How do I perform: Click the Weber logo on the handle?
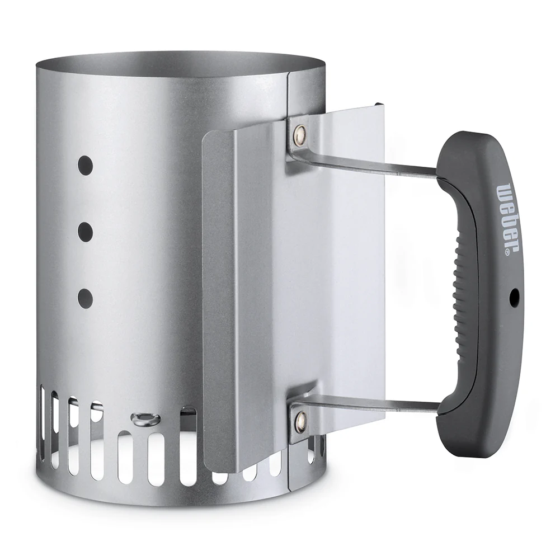tap(507, 218)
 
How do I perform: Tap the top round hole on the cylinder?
tap(86, 166)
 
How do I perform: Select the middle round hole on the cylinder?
tap(86, 231)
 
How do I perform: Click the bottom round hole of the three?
tap(86, 297)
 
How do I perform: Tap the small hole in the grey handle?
tap(514, 295)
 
